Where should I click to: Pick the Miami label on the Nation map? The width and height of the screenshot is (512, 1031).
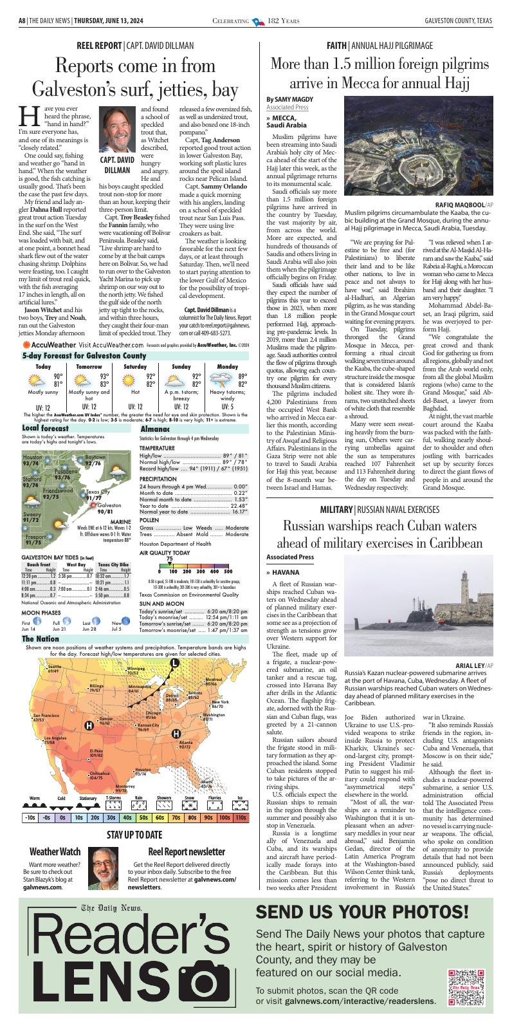206,781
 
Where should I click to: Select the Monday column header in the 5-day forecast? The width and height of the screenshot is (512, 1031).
227,366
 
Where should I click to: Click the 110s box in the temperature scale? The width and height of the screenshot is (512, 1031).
240,817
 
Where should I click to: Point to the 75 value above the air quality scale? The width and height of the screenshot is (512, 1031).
169,559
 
